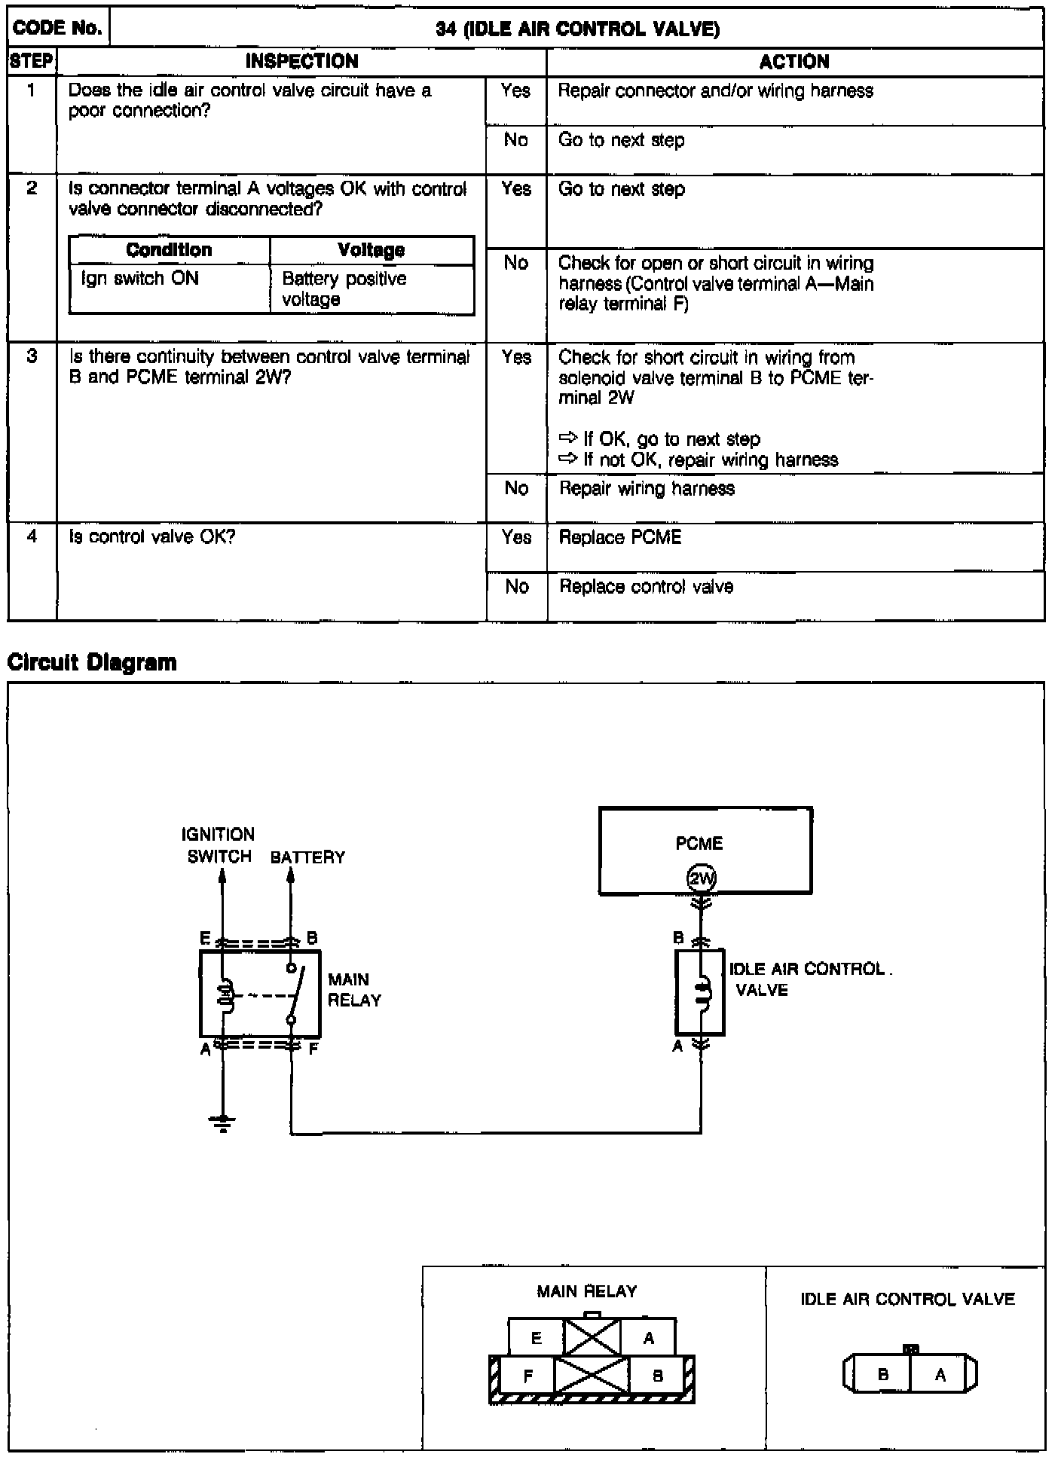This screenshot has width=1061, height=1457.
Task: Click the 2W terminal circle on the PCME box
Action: tap(701, 878)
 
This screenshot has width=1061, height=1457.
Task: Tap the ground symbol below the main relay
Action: tap(223, 1123)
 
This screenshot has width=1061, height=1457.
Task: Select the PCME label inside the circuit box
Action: tap(699, 843)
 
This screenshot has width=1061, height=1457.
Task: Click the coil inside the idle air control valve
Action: tap(702, 991)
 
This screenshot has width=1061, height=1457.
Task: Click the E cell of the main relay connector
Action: tap(536, 1338)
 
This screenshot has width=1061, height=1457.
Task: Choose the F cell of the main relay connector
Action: tap(528, 1376)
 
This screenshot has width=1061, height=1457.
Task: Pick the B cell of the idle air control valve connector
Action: tap(882, 1374)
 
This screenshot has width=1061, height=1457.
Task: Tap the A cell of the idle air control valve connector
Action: tap(940, 1374)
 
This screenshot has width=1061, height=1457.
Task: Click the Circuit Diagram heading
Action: tap(92, 663)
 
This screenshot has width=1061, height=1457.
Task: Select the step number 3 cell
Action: tap(32, 356)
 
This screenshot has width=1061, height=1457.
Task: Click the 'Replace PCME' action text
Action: tap(619, 537)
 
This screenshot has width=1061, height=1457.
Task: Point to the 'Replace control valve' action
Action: tap(646, 587)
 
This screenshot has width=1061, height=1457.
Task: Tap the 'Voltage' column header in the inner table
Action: tap(372, 250)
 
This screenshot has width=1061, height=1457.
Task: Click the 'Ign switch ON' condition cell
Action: tap(140, 279)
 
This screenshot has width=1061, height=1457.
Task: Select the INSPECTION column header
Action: tap(301, 62)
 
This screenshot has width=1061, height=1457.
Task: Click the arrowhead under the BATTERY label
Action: tap(291, 876)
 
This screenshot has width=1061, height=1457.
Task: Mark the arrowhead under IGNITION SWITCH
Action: tap(222, 876)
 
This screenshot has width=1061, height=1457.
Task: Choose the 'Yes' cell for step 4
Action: tap(516, 538)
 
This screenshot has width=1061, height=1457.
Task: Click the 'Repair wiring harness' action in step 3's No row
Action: tap(647, 488)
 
